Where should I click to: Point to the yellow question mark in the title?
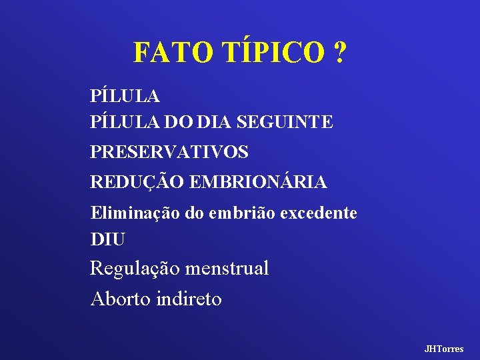pyautogui.click(x=339, y=52)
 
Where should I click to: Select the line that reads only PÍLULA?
pyautogui.click(x=125, y=96)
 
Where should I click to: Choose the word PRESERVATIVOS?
pyautogui.click(x=169, y=152)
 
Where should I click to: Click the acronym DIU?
pyautogui.click(x=107, y=238)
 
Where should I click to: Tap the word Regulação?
pyautogui.click(x=135, y=269)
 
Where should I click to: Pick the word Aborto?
pyautogui.click(x=121, y=299)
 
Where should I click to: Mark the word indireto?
pyautogui.click(x=189, y=299)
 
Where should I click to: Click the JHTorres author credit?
pyautogui.click(x=444, y=349)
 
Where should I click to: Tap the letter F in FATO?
pyautogui.click(x=141, y=52)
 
